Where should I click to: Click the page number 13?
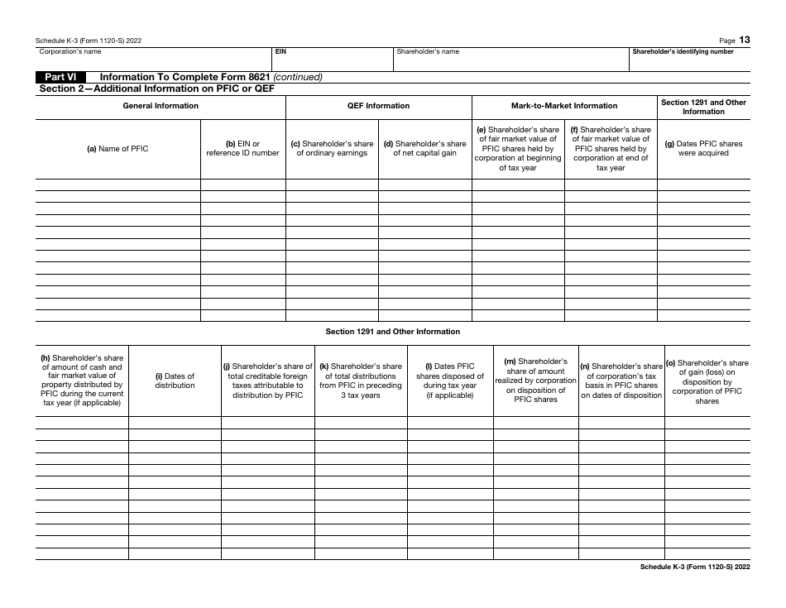(745, 40)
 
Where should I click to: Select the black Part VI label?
(60, 77)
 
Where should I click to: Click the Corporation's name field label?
(70, 51)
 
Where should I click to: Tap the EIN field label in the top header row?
(280, 51)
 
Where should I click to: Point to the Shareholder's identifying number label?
(683, 51)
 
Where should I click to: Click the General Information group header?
(161, 106)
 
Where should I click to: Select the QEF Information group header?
(378, 106)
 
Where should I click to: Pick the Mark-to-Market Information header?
(564, 106)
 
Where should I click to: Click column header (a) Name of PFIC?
(118, 149)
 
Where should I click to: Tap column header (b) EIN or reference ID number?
(242, 148)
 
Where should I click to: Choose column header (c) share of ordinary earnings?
(332, 148)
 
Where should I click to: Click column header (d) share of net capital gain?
(424, 148)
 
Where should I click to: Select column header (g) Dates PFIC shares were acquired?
(703, 148)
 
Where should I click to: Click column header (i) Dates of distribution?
(175, 381)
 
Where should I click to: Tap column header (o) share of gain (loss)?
(707, 381)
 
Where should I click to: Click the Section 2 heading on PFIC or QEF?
(157, 88)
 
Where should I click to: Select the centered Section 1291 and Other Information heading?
(392, 332)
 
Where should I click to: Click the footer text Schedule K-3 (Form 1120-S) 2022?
(695, 567)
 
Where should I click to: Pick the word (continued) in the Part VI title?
(298, 77)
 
